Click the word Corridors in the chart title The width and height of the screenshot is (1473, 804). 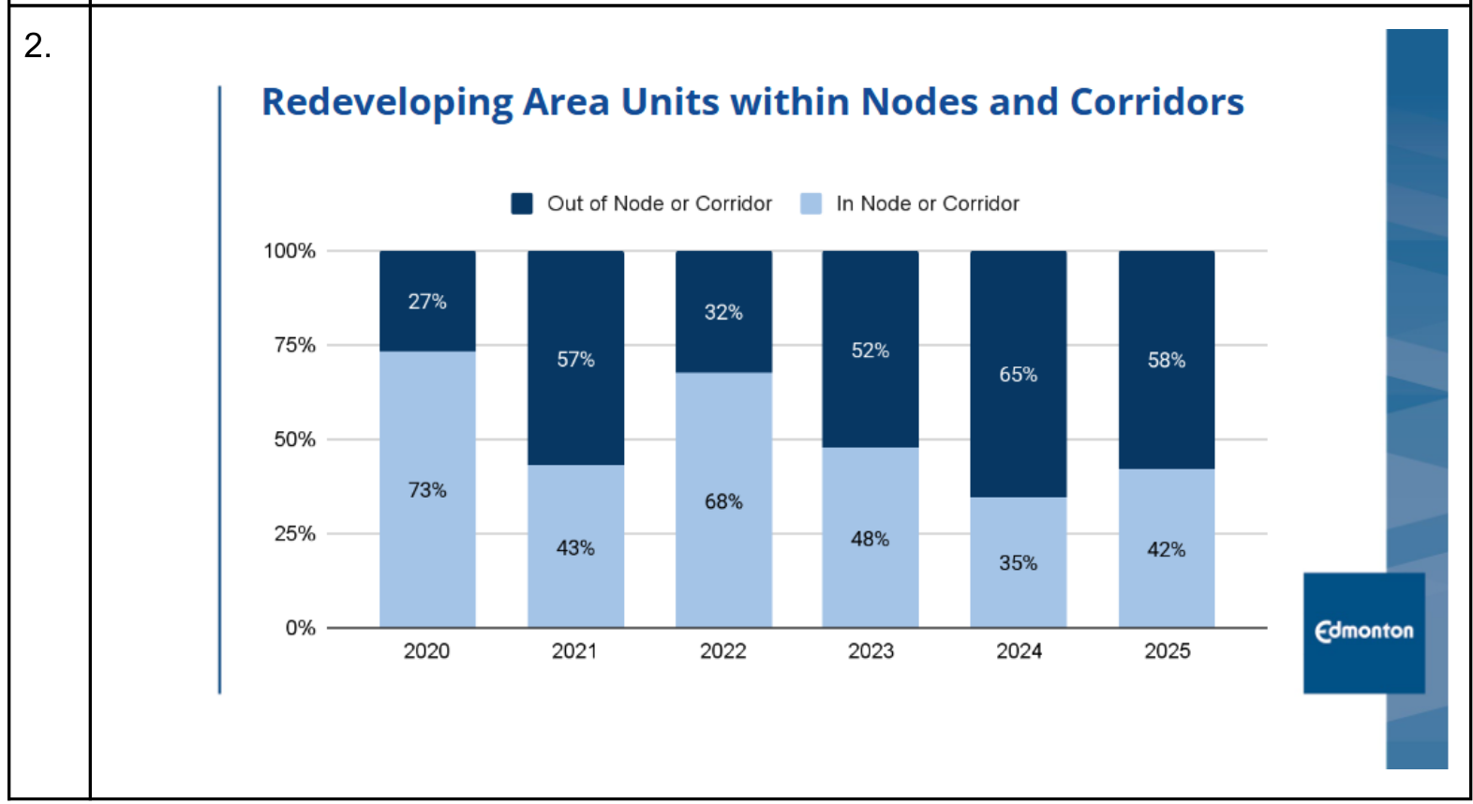(1156, 102)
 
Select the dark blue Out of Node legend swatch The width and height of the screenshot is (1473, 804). (522, 203)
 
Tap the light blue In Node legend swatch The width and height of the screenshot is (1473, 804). (811, 203)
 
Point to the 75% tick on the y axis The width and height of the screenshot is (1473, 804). (294, 345)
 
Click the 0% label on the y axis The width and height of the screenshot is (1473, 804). (300, 628)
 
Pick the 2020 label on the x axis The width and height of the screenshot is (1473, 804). (426, 651)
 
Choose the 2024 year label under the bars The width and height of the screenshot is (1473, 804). (1019, 651)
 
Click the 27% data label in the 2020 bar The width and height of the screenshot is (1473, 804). (427, 302)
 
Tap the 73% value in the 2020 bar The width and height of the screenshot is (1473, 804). (427, 490)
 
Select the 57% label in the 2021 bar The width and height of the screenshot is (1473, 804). (575, 360)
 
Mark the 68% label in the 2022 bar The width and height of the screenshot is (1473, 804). (723, 502)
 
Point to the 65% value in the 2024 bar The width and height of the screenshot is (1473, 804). (1018, 375)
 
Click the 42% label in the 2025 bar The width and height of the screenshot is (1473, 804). (1166, 550)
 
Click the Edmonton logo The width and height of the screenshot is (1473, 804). (1363, 633)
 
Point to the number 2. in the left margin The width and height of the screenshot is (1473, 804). (37, 46)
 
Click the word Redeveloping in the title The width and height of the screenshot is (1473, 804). (387, 102)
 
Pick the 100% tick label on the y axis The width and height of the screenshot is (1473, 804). (290, 251)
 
